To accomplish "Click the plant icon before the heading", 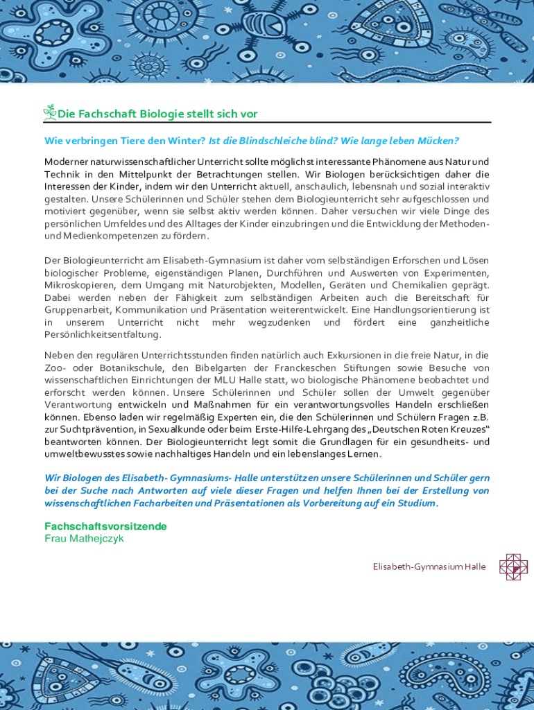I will coord(50,112).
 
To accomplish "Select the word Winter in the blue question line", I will coord(188,141).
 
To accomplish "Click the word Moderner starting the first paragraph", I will coord(68,162).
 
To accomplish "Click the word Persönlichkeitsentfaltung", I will coord(103,335).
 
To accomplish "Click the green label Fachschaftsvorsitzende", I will coord(105,526).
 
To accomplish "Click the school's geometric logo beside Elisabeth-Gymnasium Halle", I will coord(513,567).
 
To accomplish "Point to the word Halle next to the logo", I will coord(475,567).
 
